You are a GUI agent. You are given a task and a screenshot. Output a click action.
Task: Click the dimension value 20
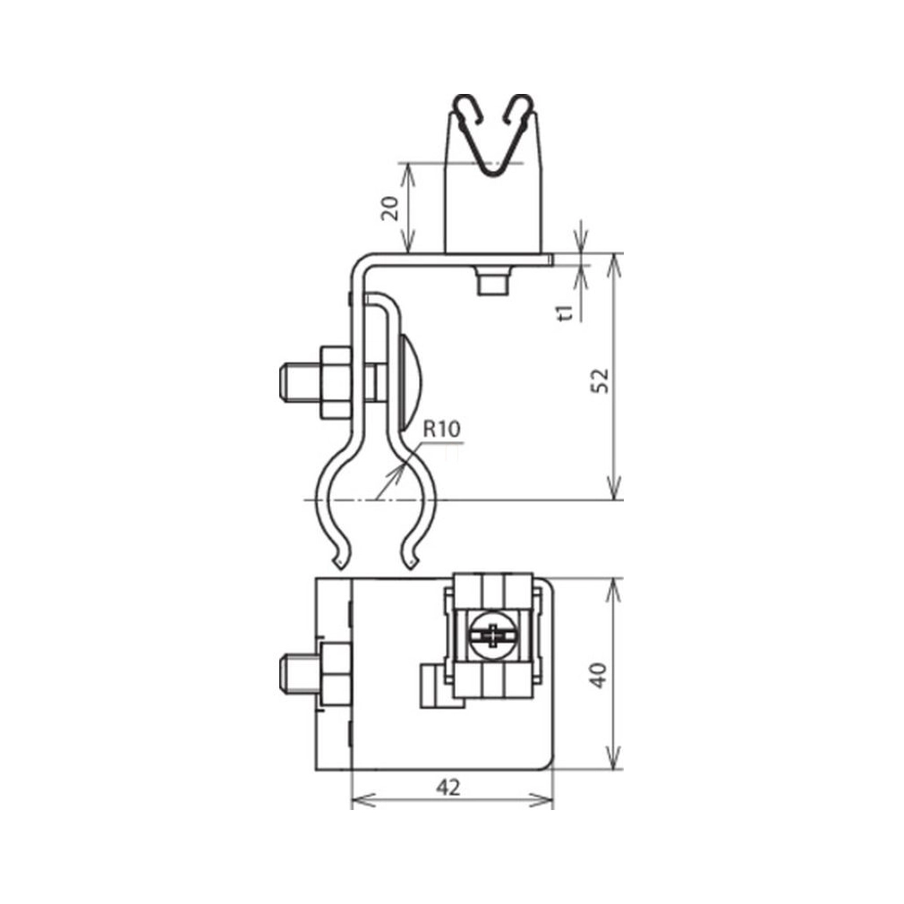pyautogui.click(x=390, y=209)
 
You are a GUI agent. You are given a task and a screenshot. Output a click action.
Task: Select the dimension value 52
pyautogui.click(x=600, y=380)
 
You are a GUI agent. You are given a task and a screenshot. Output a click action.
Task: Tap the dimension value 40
pyautogui.click(x=599, y=675)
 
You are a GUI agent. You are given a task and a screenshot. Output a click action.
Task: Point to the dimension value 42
pyautogui.click(x=448, y=788)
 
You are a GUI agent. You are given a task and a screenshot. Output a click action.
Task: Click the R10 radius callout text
pyautogui.click(x=442, y=429)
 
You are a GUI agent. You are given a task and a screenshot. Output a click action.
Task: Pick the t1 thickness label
pyautogui.click(x=567, y=312)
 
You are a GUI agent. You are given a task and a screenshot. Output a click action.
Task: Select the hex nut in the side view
pyautogui.click(x=336, y=382)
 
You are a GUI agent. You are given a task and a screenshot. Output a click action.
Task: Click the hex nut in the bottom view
pyautogui.click(x=336, y=673)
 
